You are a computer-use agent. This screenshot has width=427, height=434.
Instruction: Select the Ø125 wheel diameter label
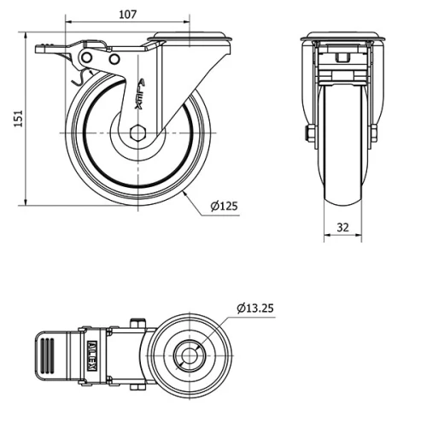coord(223,205)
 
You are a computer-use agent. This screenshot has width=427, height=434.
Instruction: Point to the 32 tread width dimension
coord(342,226)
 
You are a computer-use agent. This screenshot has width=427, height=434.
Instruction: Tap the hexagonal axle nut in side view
coord(139,133)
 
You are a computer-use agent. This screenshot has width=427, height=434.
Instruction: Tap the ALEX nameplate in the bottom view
coord(92,352)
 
